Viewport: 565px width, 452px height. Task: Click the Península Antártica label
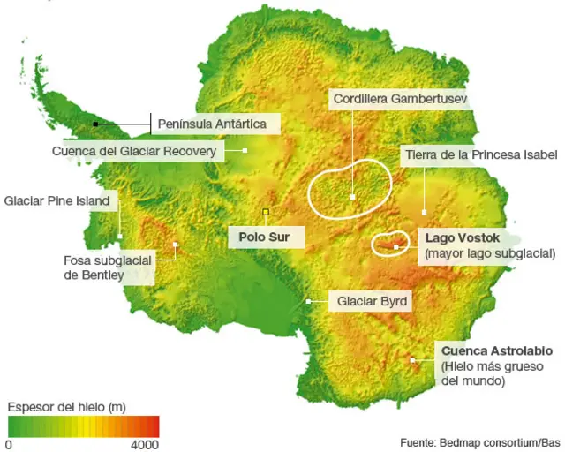tap(211, 124)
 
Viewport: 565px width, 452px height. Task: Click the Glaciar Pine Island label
tap(57, 201)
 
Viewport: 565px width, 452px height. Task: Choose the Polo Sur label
tap(265, 237)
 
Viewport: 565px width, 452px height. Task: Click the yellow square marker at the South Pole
tap(265, 212)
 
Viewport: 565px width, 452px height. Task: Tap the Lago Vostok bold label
tap(462, 238)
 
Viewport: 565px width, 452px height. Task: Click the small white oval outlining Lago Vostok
tap(388, 245)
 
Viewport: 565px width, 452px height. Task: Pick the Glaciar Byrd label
tap(372, 302)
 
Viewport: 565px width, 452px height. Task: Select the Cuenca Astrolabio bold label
tap(492, 350)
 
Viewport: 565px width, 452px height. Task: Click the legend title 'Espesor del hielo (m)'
tap(66, 407)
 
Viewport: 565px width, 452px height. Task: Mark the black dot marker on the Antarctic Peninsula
tap(95, 124)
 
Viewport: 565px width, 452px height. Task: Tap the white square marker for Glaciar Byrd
tap(308, 302)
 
